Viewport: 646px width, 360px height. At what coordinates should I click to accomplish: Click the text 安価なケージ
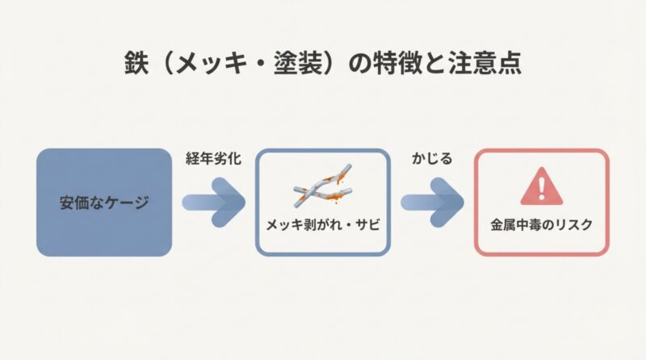[x=104, y=203]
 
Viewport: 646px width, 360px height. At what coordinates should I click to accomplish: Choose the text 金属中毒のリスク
[x=541, y=226]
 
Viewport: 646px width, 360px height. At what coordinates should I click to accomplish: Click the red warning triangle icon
[x=541, y=188]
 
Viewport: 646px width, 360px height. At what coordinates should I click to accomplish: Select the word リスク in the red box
[x=573, y=226]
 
